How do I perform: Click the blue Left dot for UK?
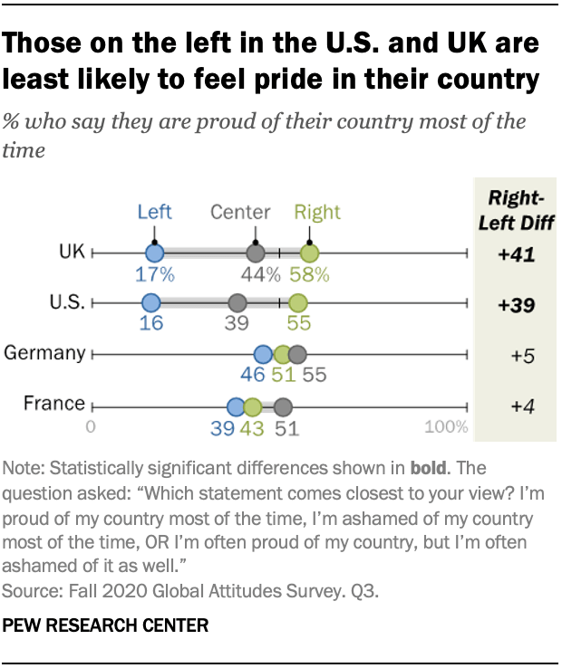(154, 254)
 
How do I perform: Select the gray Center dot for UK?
(256, 254)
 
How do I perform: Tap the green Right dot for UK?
(311, 254)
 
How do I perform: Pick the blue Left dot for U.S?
(150, 303)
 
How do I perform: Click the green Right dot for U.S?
(298, 303)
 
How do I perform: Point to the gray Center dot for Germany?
(297, 354)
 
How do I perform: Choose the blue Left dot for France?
(236, 406)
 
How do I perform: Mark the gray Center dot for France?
(283, 406)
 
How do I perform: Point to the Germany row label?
(45, 353)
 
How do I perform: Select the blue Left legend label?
(154, 212)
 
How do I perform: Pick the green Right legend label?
(317, 212)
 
